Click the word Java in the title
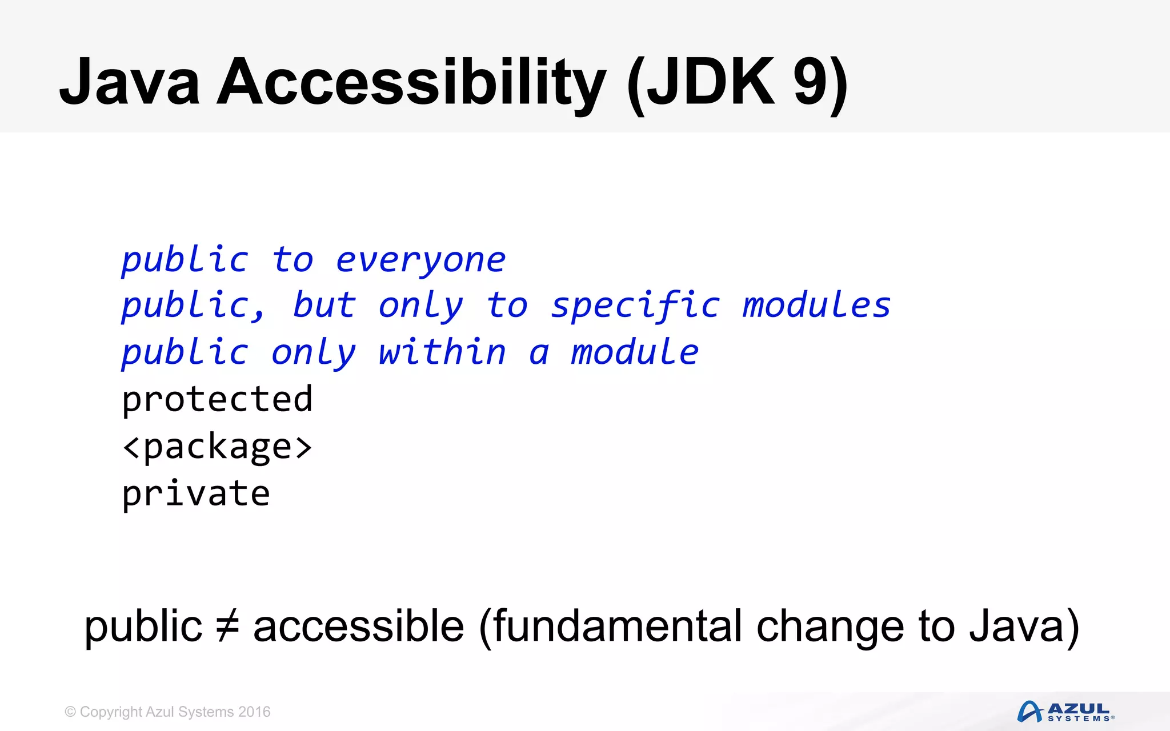pos(130,83)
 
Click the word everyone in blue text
pos(420,261)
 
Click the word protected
pos(217,399)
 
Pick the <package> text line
pos(217,447)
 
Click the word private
pos(196,494)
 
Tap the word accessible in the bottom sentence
pos(359,626)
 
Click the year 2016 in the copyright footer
pos(254,712)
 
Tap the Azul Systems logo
pos(1065,712)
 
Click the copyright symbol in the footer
pos(70,712)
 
